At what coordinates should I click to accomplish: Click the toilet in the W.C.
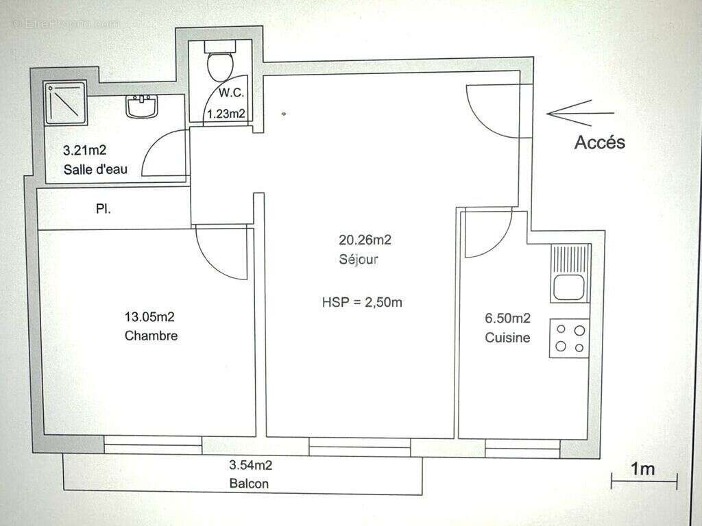[220, 63]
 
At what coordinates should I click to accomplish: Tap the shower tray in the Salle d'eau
[66, 103]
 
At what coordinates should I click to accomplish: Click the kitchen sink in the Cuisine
[569, 287]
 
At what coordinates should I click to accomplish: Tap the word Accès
[599, 142]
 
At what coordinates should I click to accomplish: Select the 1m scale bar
[643, 479]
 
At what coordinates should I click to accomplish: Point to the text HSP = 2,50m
[362, 302]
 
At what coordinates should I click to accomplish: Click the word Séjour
[359, 260]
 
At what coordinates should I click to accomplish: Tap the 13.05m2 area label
[149, 316]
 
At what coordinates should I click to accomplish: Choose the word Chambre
[152, 336]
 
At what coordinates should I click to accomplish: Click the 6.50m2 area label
[507, 318]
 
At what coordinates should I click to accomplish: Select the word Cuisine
[507, 337]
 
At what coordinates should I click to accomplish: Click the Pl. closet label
[104, 208]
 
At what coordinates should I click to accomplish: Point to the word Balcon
[249, 484]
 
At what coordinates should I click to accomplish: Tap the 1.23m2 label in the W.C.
[227, 114]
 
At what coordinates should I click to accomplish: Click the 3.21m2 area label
[85, 149]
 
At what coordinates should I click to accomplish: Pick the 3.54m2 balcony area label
[250, 466]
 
